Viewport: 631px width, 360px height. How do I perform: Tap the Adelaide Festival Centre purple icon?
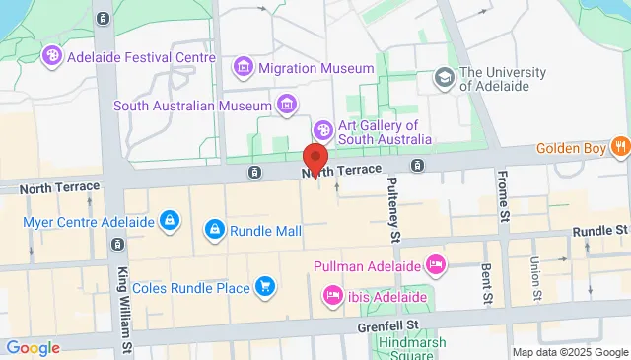(x=52, y=57)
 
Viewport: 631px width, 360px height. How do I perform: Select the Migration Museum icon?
(x=242, y=68)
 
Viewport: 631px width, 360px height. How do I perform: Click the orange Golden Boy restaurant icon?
(x=619, y=149)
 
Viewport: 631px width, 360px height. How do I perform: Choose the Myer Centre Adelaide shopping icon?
(x=170, y=218)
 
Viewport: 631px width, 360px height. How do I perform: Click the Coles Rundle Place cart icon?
(x=263, y=287)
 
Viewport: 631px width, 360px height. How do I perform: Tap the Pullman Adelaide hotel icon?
(x=435, y=265)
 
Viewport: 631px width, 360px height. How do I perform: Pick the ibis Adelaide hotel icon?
(x=333, y=295)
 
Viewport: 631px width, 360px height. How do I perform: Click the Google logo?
(x=33, y=348)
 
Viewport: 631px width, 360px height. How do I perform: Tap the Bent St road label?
(x=485, y=283)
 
